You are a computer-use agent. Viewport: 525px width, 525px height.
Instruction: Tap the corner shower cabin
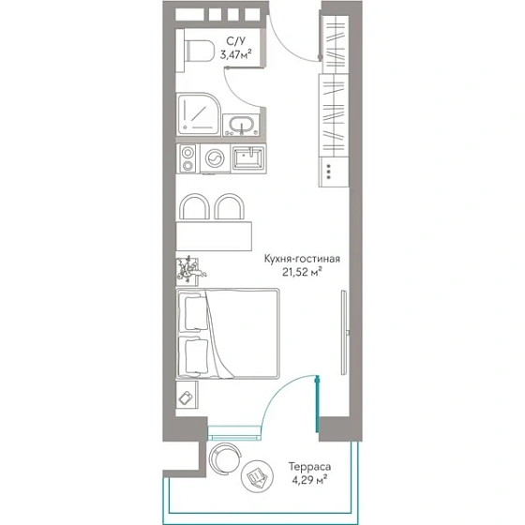click(198, 113)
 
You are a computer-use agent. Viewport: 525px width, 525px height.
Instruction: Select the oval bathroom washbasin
click(242, 125)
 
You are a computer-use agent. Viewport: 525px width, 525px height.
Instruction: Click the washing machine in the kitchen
click(215, 158)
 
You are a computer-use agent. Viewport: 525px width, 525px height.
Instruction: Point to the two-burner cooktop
click(187, 158)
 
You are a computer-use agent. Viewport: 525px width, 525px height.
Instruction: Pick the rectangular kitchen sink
click(248, 158)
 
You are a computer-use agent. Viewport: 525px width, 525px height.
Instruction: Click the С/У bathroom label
click(235, 41)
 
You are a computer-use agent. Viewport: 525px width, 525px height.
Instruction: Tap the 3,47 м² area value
click(235, 54)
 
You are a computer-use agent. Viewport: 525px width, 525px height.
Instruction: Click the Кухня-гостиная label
click(302, 259)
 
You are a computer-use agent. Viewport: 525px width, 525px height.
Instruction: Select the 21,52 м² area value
click(302, 272)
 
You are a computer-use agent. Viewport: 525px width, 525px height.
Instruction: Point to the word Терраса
click(309, 467)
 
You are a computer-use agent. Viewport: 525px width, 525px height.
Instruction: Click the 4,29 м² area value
click(309, 480)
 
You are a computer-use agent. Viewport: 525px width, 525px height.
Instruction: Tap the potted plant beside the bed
click(189, 271)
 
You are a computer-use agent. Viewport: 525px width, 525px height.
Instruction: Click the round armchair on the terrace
click(225, 458)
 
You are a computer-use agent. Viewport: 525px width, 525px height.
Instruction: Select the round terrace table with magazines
click(257, 476)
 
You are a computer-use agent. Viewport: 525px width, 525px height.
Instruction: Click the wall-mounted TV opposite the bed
click(344, 332)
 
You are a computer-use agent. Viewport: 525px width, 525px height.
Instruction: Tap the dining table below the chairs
click(214, 236)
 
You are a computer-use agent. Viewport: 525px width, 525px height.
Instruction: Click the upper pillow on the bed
click(195, 314)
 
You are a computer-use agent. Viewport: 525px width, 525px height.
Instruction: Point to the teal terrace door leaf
click(318, 404)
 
